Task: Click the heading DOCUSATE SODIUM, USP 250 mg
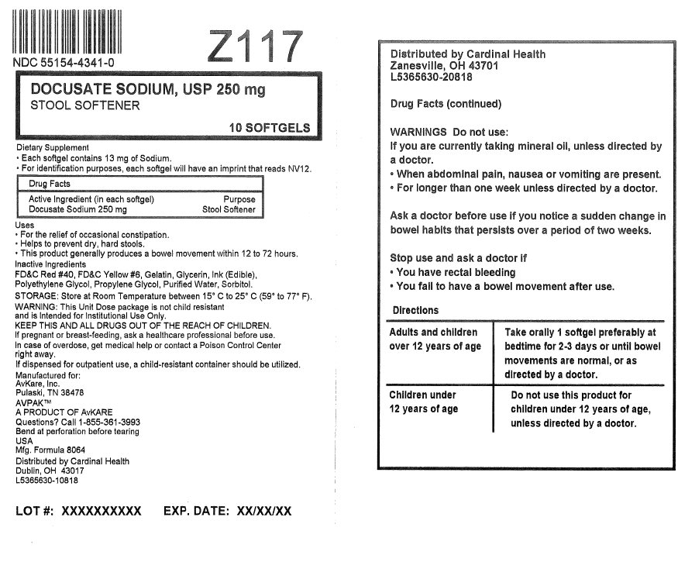click(x=147, y=90)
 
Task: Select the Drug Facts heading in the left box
click(x=50, y=184)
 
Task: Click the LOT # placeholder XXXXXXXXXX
click(x=101, y=511)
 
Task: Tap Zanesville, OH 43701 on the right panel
click(x=444, y=66)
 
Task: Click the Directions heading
click(x=415, y=310)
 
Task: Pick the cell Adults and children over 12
click(x=435, y=339)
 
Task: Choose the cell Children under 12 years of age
click(x=423, y=402)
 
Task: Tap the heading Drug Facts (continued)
click(x=446, y=104)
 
